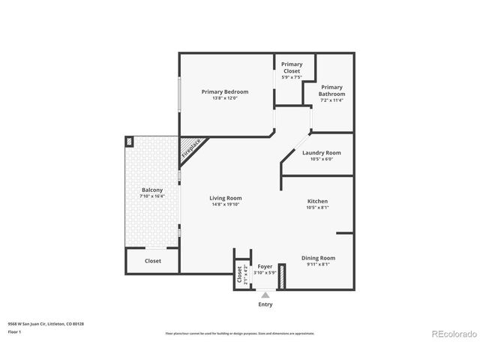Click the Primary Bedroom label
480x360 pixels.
[224, 91]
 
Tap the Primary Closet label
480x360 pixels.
[292, 67]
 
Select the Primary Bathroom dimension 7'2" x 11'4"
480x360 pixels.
[332, 100]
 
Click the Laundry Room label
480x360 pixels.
[322, 153]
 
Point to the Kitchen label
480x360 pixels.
[317, 201]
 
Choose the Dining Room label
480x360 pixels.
[318, 257]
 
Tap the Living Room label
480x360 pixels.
[225, 198]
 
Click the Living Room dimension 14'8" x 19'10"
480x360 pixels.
[225, 205]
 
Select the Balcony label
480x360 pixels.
[152, 190]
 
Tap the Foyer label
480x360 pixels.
[265, 266]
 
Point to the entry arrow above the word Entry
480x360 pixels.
[265, 295]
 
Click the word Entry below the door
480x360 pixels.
[265, 304]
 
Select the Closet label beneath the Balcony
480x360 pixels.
[152, 261]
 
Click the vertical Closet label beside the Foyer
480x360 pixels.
[241, 274]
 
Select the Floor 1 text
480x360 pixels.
[15, 331]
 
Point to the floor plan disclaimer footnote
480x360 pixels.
[239, 333]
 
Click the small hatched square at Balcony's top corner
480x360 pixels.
[130, 141]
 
